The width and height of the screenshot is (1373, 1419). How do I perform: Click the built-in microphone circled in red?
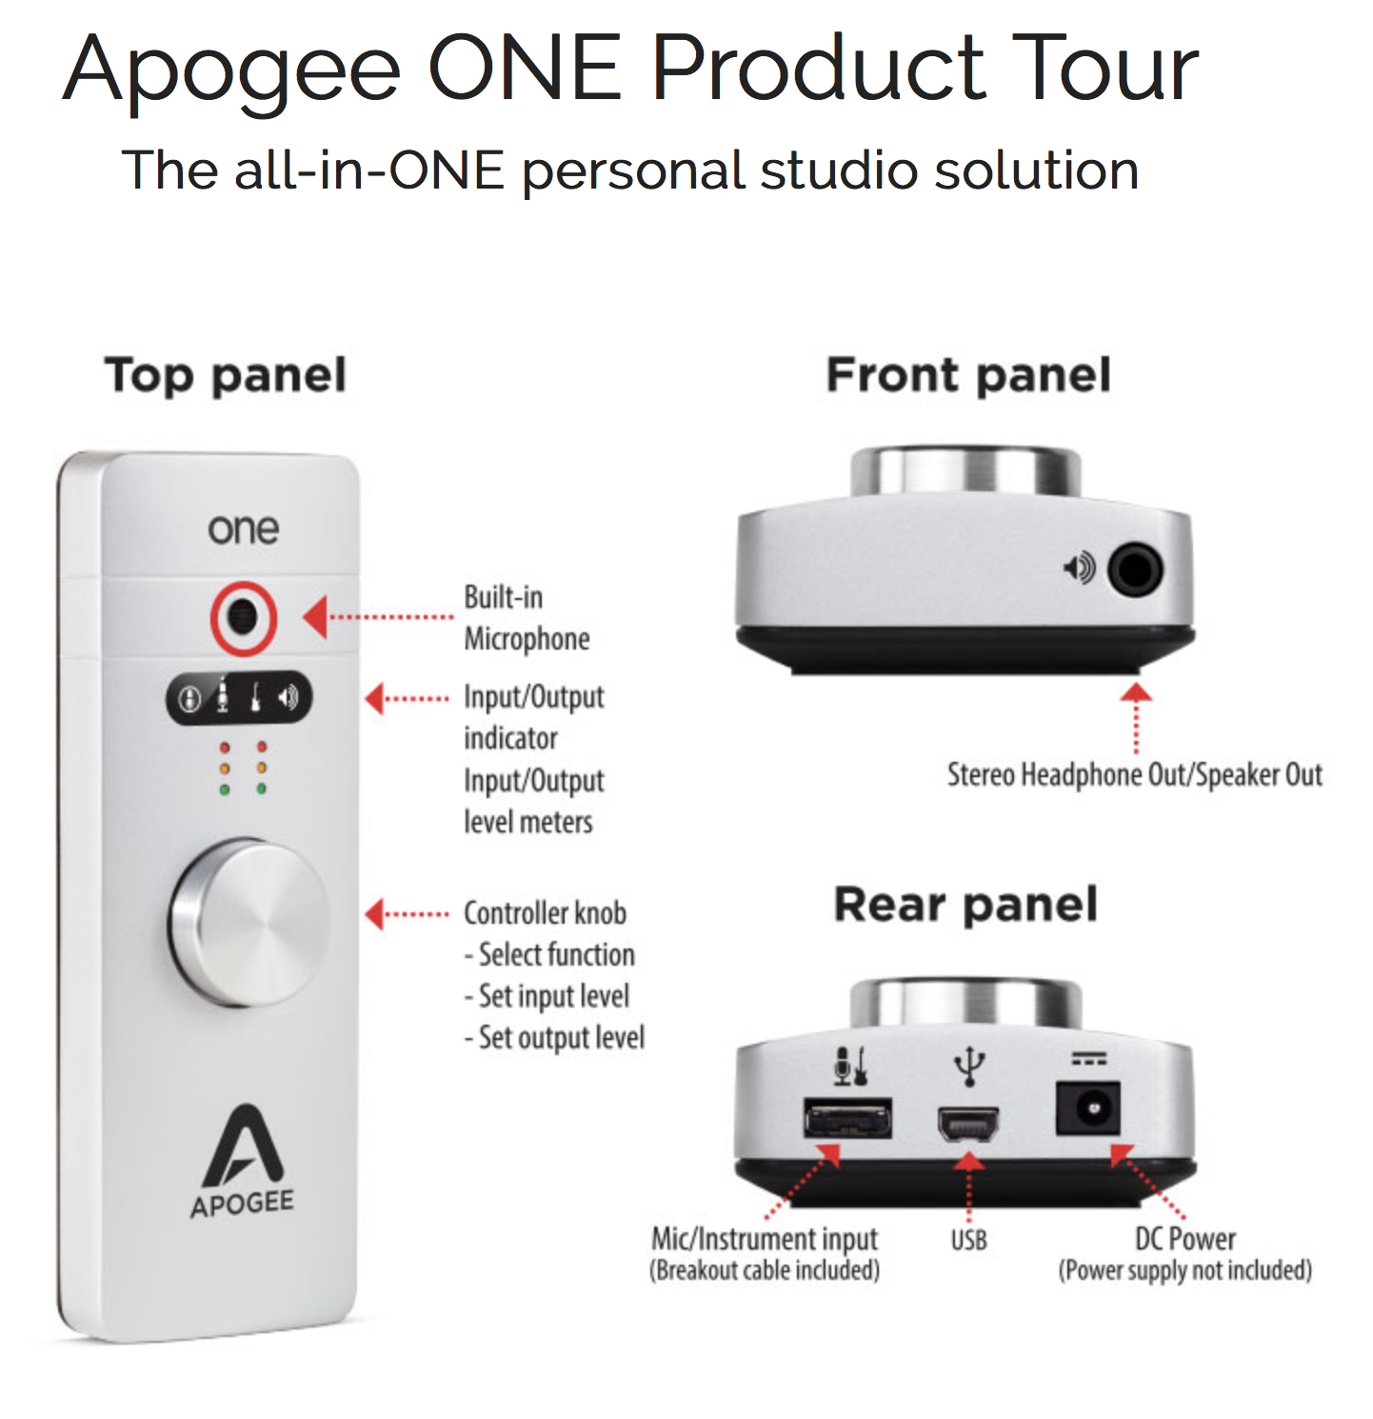pos(244,618)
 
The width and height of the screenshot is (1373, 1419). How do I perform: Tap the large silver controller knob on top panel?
pos(249,922)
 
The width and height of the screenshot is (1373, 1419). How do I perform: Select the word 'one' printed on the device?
pos(244,530)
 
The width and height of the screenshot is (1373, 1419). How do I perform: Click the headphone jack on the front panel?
pos(1134,570)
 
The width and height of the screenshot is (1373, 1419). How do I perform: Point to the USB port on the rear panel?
pos(968,1125)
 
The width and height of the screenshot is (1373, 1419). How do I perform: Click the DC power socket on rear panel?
pos(1088,1109)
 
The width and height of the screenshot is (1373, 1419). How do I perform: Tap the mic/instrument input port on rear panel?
pos(847,1118)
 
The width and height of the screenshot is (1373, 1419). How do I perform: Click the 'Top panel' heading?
pos(226,375)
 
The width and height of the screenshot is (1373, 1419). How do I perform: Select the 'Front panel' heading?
pos(968,374)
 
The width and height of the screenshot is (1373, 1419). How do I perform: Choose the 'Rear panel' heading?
pos(965,904)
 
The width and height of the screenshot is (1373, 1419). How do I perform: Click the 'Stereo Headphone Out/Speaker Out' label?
pos(1134,775)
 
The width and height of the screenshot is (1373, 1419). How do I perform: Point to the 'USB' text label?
pos(968,1240)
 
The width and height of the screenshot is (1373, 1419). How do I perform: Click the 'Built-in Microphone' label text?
pos(527,618)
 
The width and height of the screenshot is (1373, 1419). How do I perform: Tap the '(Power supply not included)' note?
pos(1184,1270)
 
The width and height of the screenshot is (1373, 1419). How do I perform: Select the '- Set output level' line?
pos(554,1037)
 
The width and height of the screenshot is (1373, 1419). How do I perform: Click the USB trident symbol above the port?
pos(968,1066)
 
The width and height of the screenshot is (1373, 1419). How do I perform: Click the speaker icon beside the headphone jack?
pos(1079,569)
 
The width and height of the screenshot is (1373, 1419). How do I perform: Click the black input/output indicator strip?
pos(239,699)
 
